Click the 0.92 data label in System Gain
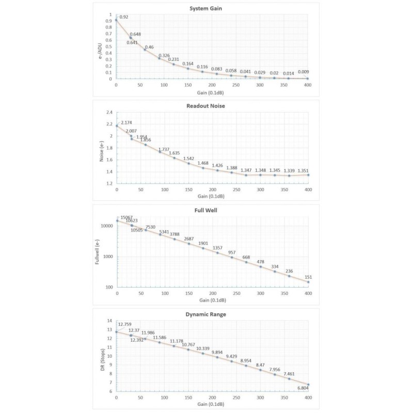pos(124,17)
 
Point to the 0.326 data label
pos(164,55)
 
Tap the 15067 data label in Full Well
pos(126,218)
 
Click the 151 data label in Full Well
pos(308,277)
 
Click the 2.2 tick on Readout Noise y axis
pos(109,124)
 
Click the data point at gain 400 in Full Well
pos(308,282)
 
